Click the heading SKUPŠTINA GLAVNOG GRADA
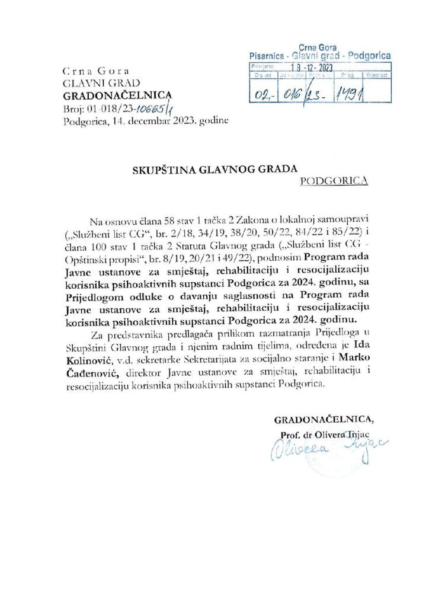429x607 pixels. tap(213, 169)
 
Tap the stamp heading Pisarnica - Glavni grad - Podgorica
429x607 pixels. tap(319, 55)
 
